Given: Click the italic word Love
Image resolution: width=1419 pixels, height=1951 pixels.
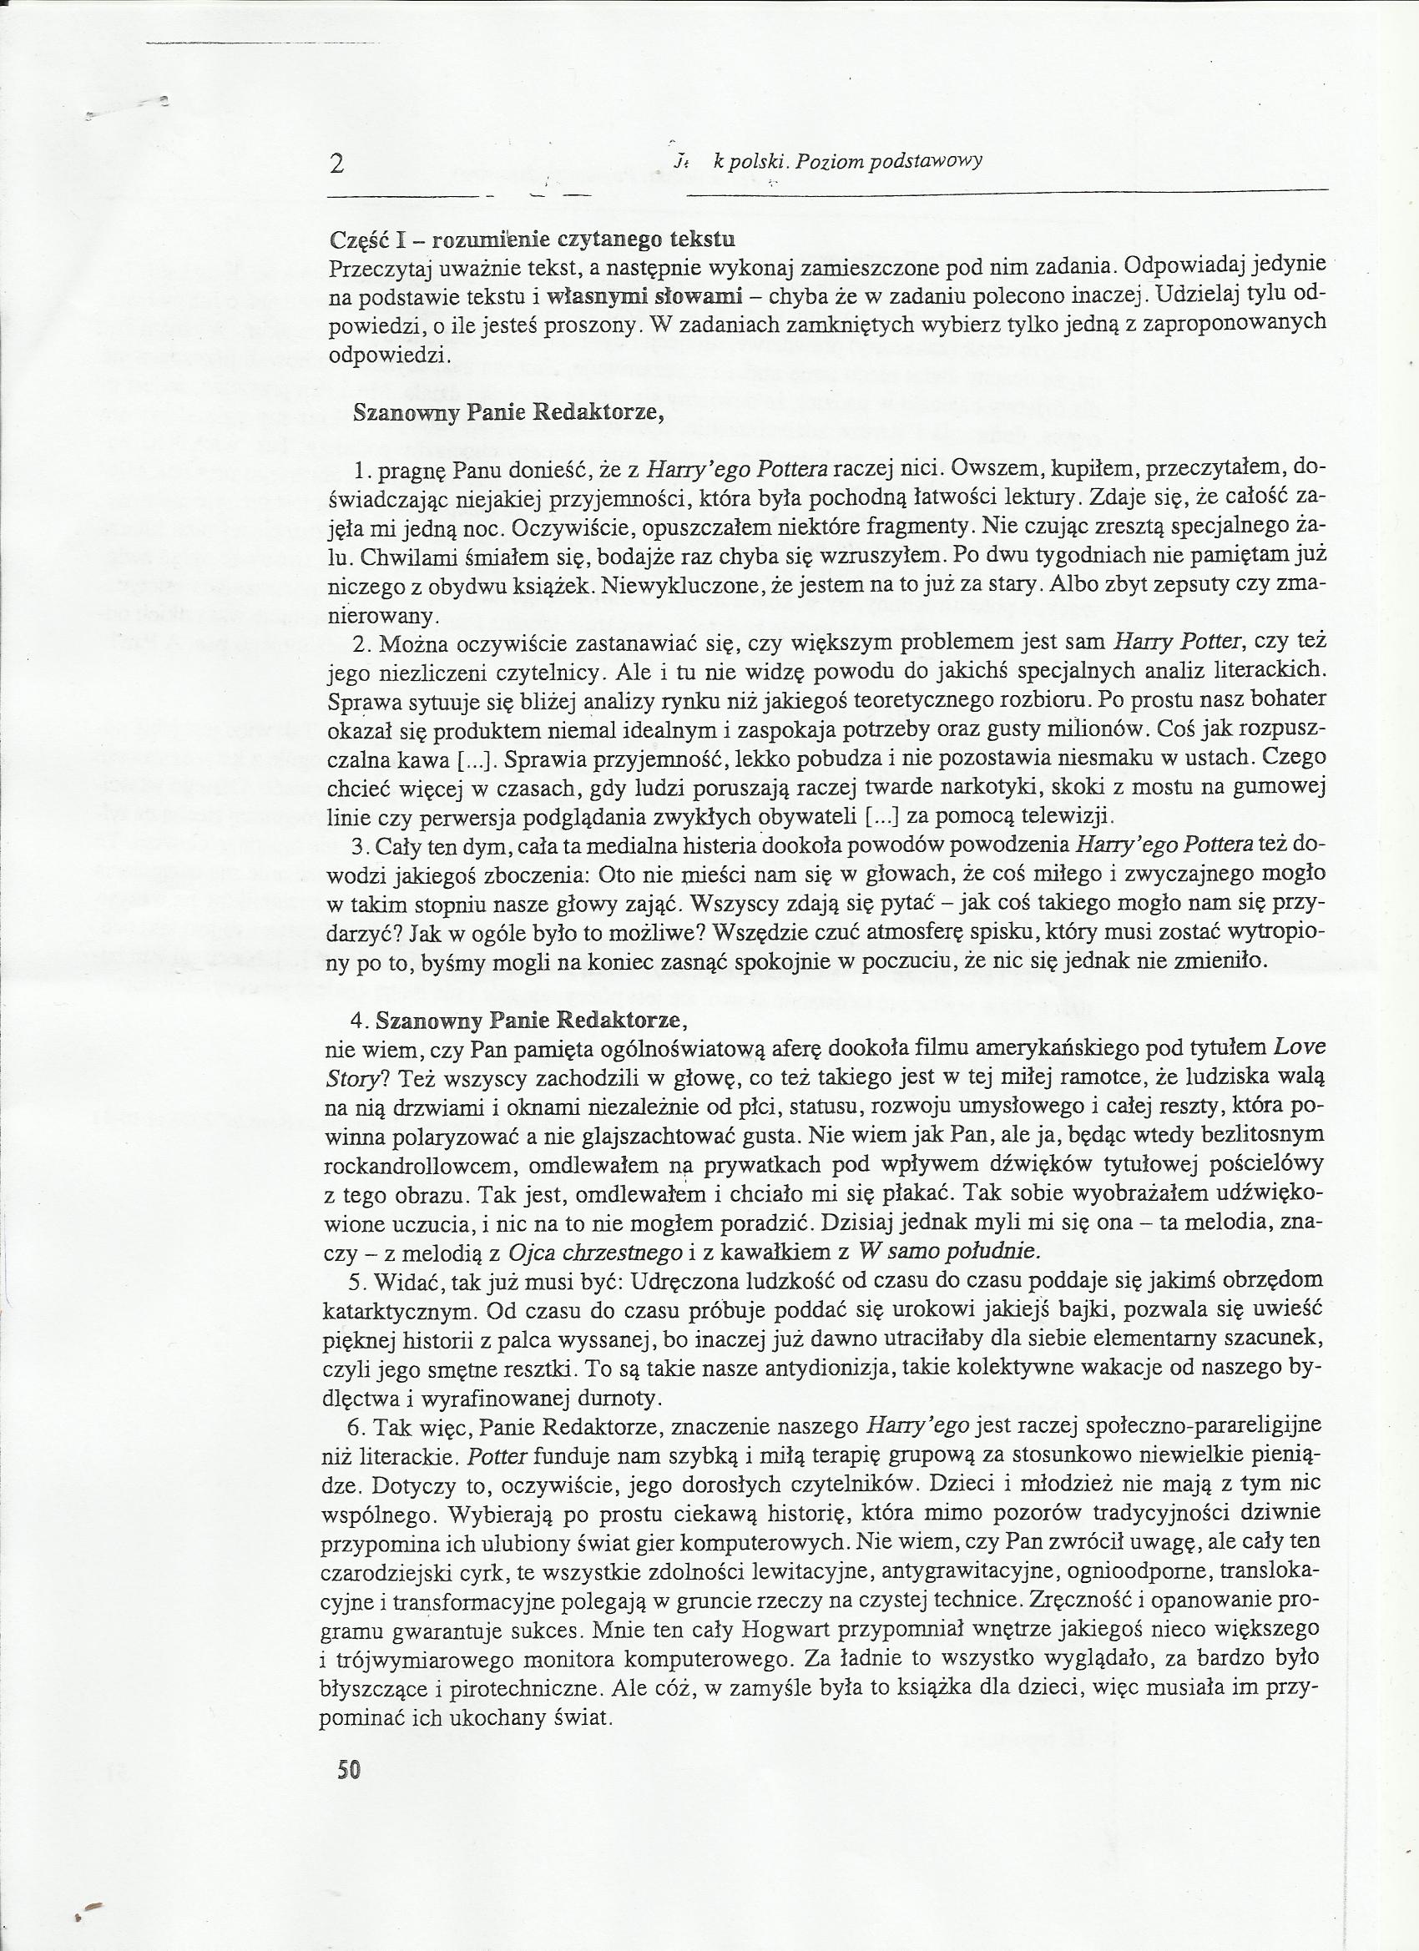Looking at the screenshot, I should click(1300, 1047).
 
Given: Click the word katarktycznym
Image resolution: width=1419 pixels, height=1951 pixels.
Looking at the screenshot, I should click(399, 1310).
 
